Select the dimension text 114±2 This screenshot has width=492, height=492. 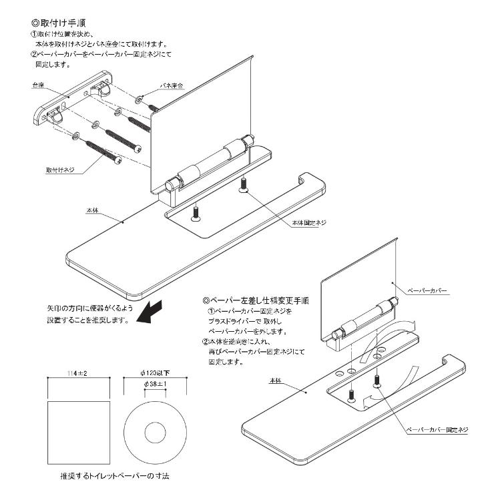(79, 373)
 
